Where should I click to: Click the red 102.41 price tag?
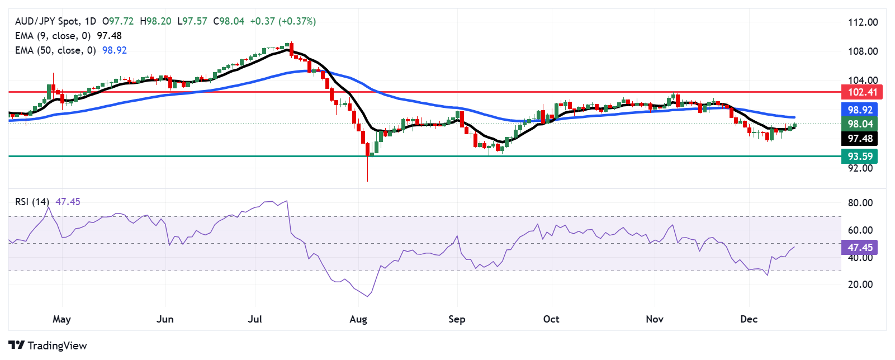pyautogui.click(x=861, y=92)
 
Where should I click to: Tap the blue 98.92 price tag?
pyautogui.click(x=859, y=110)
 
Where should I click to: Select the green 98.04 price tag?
pyautogui.click(x=859, y=124)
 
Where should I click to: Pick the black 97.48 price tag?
pyautogui.click(x=859, y=139)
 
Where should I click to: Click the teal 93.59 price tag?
pyautogui.click(x=859, y=157)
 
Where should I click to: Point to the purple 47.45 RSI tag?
pyautogui.click(x=859, y=247)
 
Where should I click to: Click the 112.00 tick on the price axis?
pyautogui.click(x=863, y=22)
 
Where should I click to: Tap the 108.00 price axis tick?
pyautogui.click(x=863, y=51)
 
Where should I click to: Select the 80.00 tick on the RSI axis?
pyautogui.click(x=860, y=203)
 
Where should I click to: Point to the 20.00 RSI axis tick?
pyautogui.click(x=860, y=285)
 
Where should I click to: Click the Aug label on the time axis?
pyautogui.click(x=358, y=319)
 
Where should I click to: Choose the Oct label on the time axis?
pyautogui.click(x=551, y=319)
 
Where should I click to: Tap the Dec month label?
pyautogui.click(x=749, y=319)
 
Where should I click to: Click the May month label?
pyautogui.click(x=61, y=319)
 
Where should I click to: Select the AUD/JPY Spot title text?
pyautogui.click(x=47, y=21)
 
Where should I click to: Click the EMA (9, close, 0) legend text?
pyautogui.click(x=53, y=36)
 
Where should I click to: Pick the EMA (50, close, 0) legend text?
pyautogui.click(x=55, y=50)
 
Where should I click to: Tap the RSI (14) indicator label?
pyautogui.click(x=32, y=202)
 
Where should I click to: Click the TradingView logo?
pyautogui.click(x=48, y=345)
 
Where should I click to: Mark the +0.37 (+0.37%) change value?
pyautogui.click(x=283, y=21)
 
